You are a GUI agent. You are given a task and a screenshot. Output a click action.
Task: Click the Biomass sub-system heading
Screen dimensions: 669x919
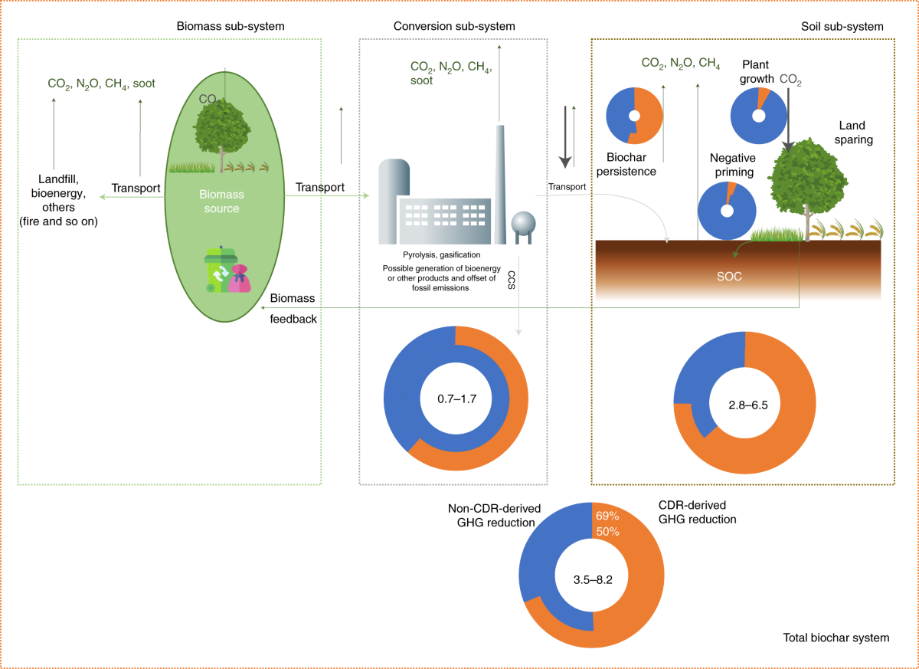pos(229,26)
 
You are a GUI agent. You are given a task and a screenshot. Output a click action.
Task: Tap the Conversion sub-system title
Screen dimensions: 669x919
pos(454,26)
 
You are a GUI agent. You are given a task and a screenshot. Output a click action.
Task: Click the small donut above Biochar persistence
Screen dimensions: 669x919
pos(634,116)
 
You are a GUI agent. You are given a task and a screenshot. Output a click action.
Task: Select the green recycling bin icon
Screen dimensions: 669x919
pos(217,269)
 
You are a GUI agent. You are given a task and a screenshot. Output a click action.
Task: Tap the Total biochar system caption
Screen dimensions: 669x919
pos(836,637)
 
